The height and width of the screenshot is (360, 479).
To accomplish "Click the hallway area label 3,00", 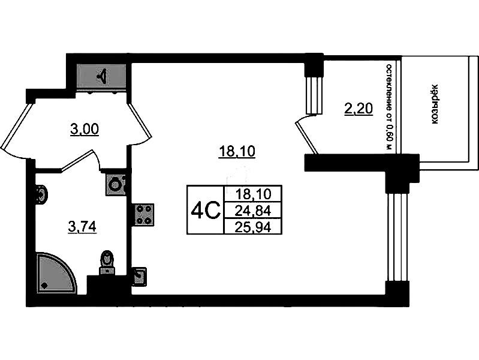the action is (x=85, y=130).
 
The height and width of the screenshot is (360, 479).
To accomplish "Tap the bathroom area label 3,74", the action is (x=82, y=227).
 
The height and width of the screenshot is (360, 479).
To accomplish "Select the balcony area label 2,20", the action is (x=359, y=109).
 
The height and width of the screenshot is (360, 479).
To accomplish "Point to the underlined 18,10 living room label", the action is (x=237, y=151).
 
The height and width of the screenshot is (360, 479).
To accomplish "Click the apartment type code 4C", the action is (x=205, y=211).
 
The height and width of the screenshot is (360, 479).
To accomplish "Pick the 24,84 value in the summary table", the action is (x=253, y=211).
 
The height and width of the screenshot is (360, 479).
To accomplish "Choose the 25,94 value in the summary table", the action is (x=253, y=227).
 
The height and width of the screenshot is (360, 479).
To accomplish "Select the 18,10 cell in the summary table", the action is (x=253, y=194).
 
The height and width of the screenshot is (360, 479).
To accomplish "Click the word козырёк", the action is (x=435, y=104).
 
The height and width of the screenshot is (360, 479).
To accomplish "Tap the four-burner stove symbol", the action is (x=143, y=215).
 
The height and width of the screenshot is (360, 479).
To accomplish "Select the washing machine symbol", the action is (x=116, y=184).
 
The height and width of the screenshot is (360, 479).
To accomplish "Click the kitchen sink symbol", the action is (x=139, y=277).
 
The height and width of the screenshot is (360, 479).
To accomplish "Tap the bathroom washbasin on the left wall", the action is (x=41, y=194).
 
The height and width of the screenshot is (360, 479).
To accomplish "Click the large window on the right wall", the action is (x=397, y=237).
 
